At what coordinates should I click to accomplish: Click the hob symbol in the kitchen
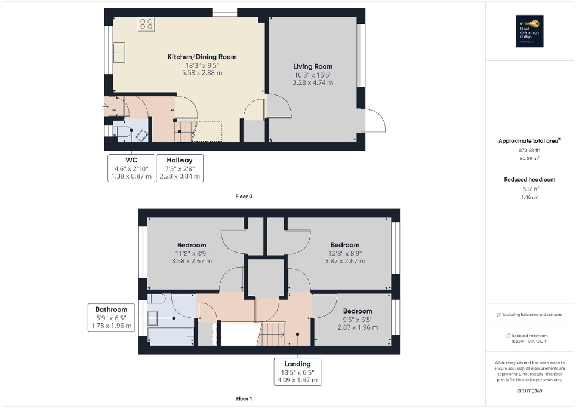146,24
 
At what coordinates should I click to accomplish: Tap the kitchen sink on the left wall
119,52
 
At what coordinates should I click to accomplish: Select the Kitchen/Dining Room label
202,57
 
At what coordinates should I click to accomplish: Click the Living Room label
312,66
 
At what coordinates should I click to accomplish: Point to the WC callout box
131,168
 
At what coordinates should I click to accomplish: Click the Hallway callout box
179,168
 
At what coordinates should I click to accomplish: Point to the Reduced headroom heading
529,179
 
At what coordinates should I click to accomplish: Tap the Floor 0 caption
244,196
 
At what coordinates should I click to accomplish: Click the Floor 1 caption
244,398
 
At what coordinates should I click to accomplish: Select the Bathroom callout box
112,318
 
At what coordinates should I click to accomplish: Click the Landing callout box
297,372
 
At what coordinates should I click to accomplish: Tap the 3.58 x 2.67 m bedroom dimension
192,261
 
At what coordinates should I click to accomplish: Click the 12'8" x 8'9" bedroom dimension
345,253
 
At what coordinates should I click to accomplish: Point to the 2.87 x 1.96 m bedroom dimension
357,327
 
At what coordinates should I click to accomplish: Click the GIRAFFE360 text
530,389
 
